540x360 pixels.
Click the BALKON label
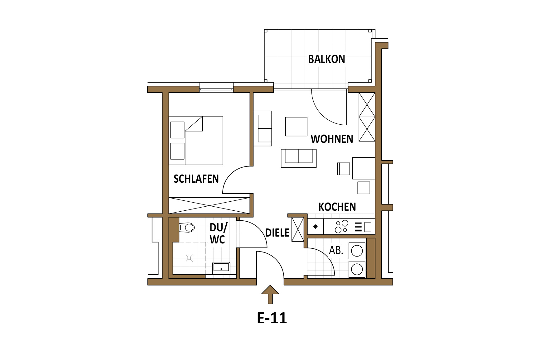click(326, 59)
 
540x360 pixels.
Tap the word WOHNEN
click(332, 139)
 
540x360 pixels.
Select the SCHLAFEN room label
click(196, 179)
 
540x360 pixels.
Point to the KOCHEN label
click(337, 207)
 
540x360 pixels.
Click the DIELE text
click(277, 233)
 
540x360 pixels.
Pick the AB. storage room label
click(336, 250)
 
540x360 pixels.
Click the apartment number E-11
click(272, 318)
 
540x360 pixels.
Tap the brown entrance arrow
click(270, 294)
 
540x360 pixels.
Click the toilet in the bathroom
click(187, 228)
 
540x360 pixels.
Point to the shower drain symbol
click(189, 258)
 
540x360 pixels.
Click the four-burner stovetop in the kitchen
click(341, 227)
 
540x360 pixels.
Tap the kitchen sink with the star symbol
click(316, 227)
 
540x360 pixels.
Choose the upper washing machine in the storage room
click(357, 251)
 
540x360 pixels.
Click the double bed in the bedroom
click(196, 141)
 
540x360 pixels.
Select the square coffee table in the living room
click(296, 127)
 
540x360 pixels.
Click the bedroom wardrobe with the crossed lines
click(209, 205)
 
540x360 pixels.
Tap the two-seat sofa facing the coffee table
click(299, 158)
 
